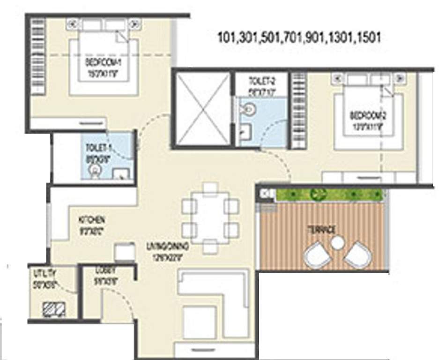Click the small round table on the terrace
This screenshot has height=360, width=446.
tap(337, 243)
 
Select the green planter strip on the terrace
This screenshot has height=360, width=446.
tap(330, 194)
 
